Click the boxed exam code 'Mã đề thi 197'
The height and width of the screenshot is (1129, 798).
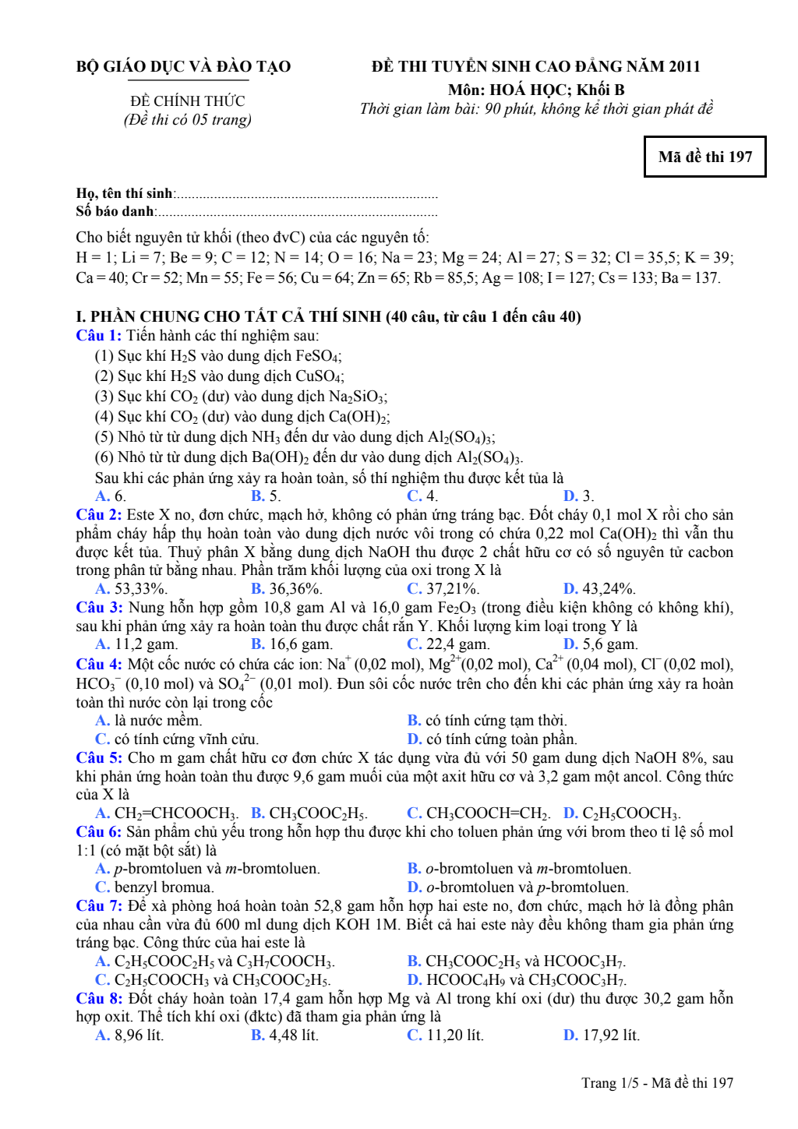coord(704,157)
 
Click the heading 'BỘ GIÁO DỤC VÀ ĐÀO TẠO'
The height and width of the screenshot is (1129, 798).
coord(184,67)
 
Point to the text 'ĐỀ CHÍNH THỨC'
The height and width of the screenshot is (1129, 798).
coord(187,101)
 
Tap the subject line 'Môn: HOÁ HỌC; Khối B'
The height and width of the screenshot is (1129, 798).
coord(536,90)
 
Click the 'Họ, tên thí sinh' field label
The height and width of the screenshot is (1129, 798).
coord(125,193)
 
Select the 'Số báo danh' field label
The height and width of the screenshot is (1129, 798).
coord(115,211)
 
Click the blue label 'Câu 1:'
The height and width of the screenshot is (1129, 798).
coord(99,336)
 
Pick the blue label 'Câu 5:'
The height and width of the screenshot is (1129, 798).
coord(99,758)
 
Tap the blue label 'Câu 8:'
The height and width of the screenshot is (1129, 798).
coord(99,999)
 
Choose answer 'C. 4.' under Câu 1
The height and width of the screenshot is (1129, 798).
coord(422,496)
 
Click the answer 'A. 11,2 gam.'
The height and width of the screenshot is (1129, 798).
coord(136,644)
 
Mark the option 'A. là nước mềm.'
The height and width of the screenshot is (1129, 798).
coord(148,721)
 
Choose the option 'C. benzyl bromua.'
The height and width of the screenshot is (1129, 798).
coord(154,887)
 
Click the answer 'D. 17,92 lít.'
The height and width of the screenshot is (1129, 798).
coord(601,1036)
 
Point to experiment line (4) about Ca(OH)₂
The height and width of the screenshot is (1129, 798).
coord(242,417)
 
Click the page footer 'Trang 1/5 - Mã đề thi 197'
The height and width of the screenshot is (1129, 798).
coord(657,1083)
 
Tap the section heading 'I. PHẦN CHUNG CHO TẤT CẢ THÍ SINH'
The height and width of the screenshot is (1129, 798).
coord(328,316)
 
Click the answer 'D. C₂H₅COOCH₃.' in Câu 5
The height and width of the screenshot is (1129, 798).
coord(622,813)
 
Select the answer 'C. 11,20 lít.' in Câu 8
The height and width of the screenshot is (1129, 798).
coord(445,1036)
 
